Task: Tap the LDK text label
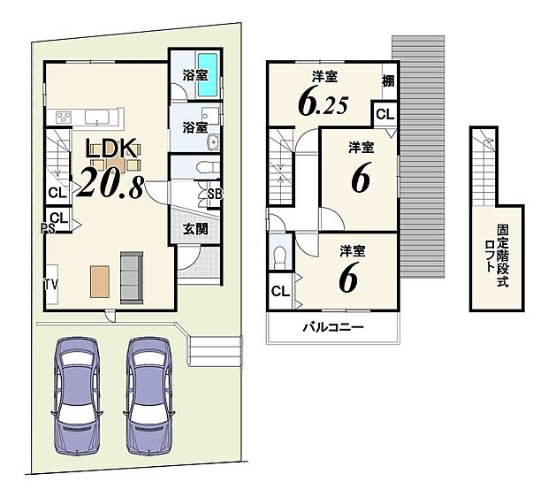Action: pos(111,149)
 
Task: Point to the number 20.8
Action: pos(111,181)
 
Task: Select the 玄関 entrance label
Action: pos(194,228)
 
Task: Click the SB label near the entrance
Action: pos(215,195)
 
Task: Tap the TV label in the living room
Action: pos(52,286)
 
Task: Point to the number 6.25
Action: pos(322,104)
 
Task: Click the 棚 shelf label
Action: pos(389,81)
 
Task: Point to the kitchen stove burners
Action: pos(64,117)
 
